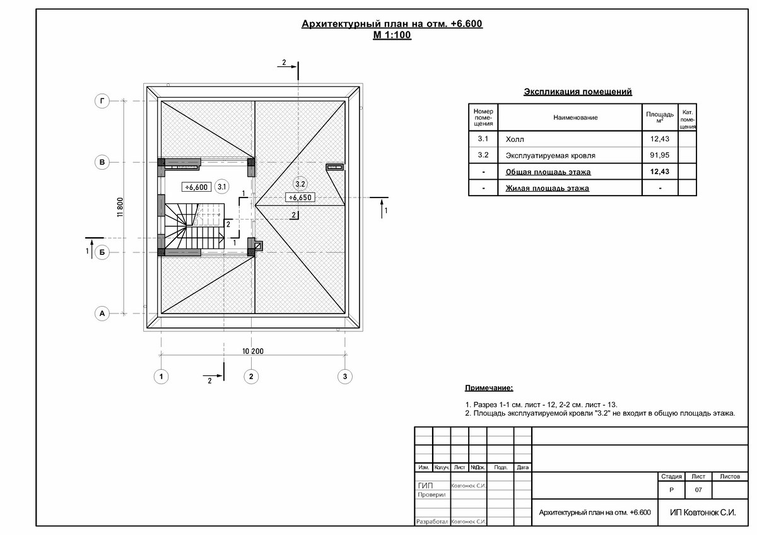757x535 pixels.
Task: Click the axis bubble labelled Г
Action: pyautogui.click(x=102, y=101)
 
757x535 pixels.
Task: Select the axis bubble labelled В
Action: pyautogui.click(x=102, y=162)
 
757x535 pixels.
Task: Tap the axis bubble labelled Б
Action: pyautogui.click(x=102, y=252)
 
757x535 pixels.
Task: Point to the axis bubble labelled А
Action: pyautogui.click(x=102, y=314)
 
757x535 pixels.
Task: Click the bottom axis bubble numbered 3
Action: pyautogui.click(x=344, y=377)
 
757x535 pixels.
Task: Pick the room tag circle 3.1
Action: pyautogui.click(x=221, y=187)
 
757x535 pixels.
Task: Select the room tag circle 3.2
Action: pyautogui.click(x=300, y=184)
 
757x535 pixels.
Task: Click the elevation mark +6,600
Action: pyautogui.click(x=196, y=187)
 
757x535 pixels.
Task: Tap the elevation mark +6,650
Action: pyautogui.click(x=300, y=197)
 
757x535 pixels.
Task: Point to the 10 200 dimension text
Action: pyautogui.click(x=253, y=351)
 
